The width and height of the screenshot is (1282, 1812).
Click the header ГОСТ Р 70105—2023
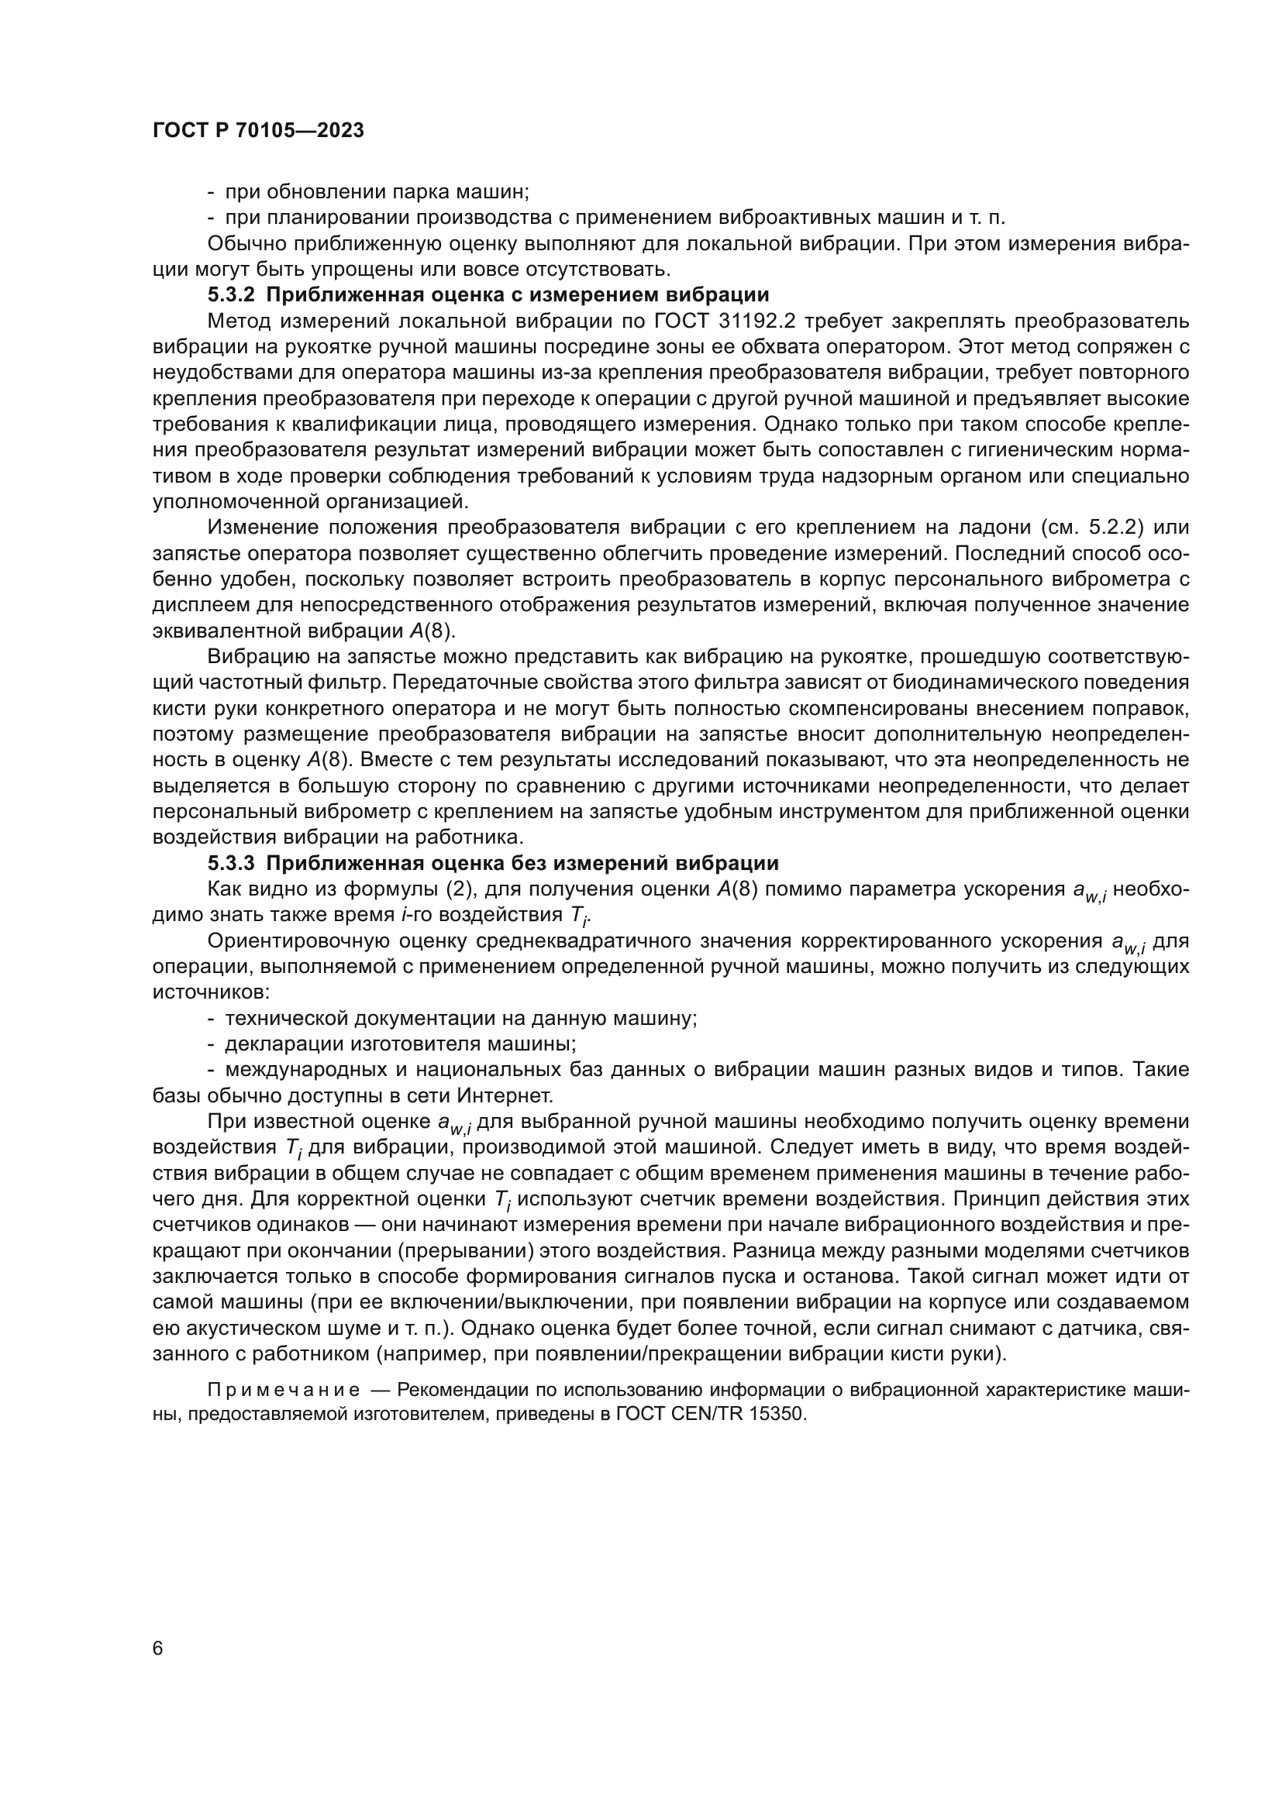click(258, 131)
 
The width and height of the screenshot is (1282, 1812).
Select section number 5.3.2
click(231, 295)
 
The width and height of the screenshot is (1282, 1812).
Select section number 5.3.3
click(231, 862)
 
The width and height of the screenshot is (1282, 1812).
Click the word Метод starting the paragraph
click(238, 321)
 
